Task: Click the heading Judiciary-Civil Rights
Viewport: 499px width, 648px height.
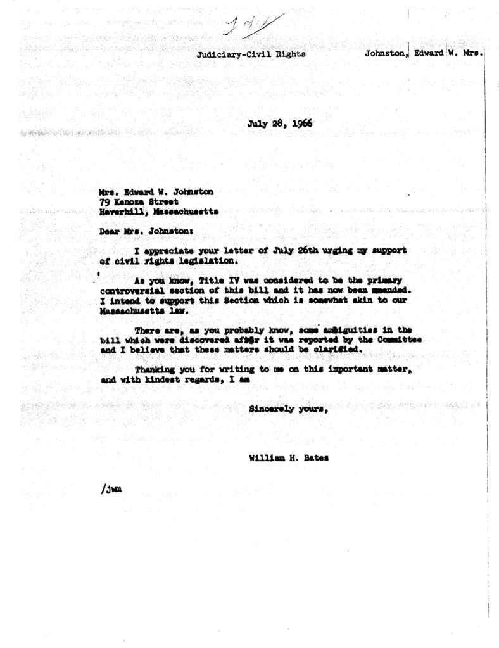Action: (x=251, y=54)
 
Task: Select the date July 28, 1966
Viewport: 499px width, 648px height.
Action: (x=280, y=124)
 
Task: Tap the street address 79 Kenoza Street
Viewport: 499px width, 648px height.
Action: (x=135, y=201)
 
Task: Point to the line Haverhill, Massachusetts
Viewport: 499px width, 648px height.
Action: (x=158, y=212)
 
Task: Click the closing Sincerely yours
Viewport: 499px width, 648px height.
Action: (x=287, y=409)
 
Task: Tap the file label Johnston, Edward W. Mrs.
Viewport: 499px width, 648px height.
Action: (x=424, y=53)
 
